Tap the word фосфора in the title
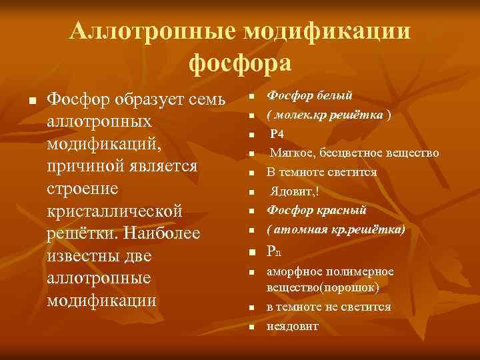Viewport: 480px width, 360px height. pos(240,63)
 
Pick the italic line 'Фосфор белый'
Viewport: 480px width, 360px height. pos(310,96)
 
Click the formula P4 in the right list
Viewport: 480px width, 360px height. pos(277,134)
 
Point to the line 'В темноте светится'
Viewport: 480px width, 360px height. pos(322,172)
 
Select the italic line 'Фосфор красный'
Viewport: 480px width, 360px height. pos(317,210)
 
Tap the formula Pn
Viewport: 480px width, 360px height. pos(274,251)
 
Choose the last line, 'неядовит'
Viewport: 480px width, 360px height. pos(293,326)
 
